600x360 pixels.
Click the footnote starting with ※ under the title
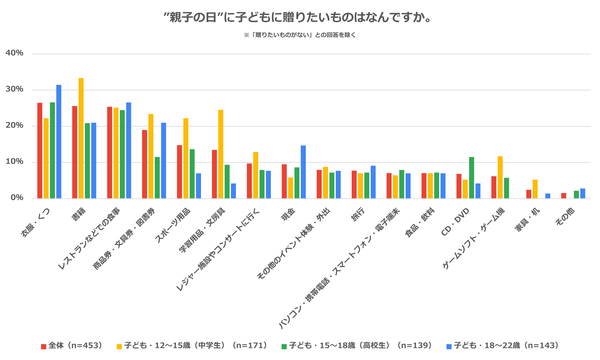tap(299, 35)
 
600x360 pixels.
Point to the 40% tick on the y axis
tap(15, 53)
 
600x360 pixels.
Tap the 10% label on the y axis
tap(15, 162)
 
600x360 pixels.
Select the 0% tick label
tap(17, 198)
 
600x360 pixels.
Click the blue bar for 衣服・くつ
tap(59, 141)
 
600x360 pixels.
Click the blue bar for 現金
tap(303, 172)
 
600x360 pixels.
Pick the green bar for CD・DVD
tap(471, 177)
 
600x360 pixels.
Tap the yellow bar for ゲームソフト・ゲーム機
tap(500, 177)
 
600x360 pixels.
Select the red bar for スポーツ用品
tap(180, 172)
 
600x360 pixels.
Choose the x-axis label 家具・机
tap(525, 224)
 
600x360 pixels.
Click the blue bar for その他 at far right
tap(583, 193)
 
